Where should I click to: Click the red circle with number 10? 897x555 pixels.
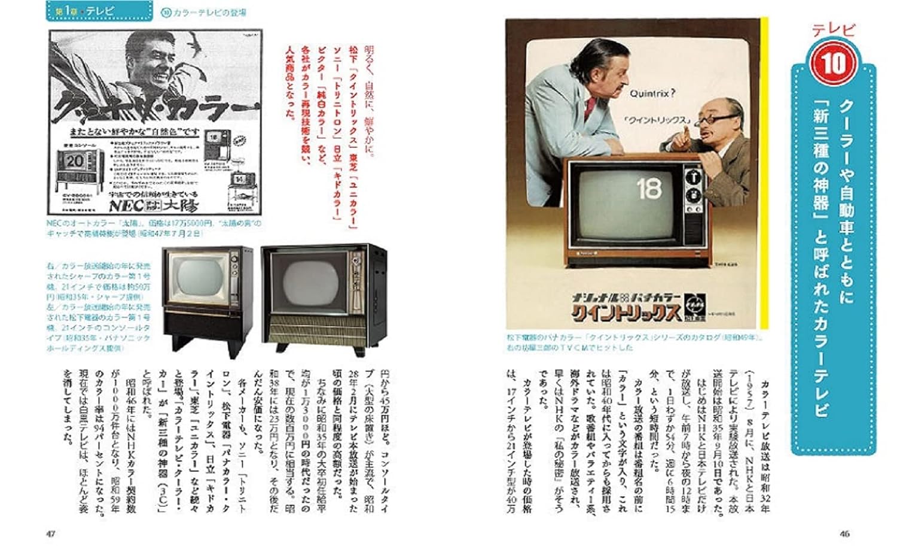pyautogui.click(x=834, y=62)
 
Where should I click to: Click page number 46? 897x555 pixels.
pyautogui.click(x=844, y=534)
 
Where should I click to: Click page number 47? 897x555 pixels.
pyautogui.click(x=51, y=534)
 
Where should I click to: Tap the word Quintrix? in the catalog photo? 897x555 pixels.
pyautogui.click(x=652, y=94)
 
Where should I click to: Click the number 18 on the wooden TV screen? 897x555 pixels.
pyautogui.click(x=649, y=189)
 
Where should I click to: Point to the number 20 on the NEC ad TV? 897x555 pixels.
pyautogui.click(x=75, y=162)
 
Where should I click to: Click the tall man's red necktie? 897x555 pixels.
pyautogui.click(x=591, y=107)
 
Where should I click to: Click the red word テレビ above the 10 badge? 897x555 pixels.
pyautogui.click(x=833, y=29)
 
